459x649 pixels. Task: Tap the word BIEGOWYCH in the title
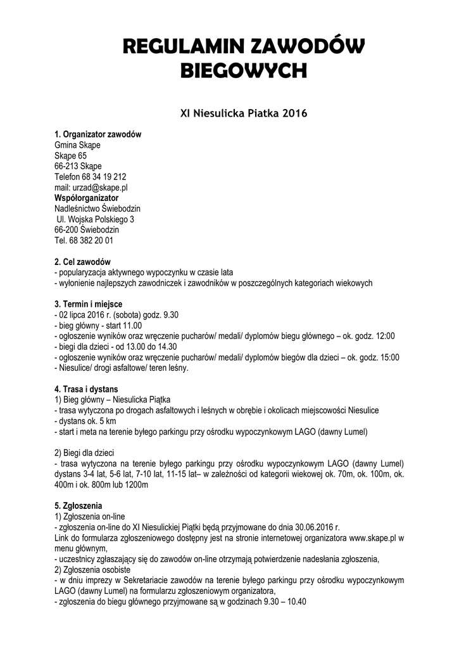coord(244,71)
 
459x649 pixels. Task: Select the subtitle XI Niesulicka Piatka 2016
coord(244,114)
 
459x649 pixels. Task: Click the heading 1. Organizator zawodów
coord(98,134)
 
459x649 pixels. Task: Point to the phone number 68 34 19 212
coord(104,177)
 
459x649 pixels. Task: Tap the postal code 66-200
coord(66,230)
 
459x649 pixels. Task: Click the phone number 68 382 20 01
coord(91,241)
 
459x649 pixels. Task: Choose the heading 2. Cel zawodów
coord(83,262)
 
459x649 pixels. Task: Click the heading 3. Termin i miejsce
coord(89,304)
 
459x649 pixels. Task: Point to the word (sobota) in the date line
coord(129,315)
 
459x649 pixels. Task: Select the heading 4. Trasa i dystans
coord(86,389)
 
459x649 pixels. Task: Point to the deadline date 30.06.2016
coord(315,527)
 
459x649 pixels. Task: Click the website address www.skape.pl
coord(372,537)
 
